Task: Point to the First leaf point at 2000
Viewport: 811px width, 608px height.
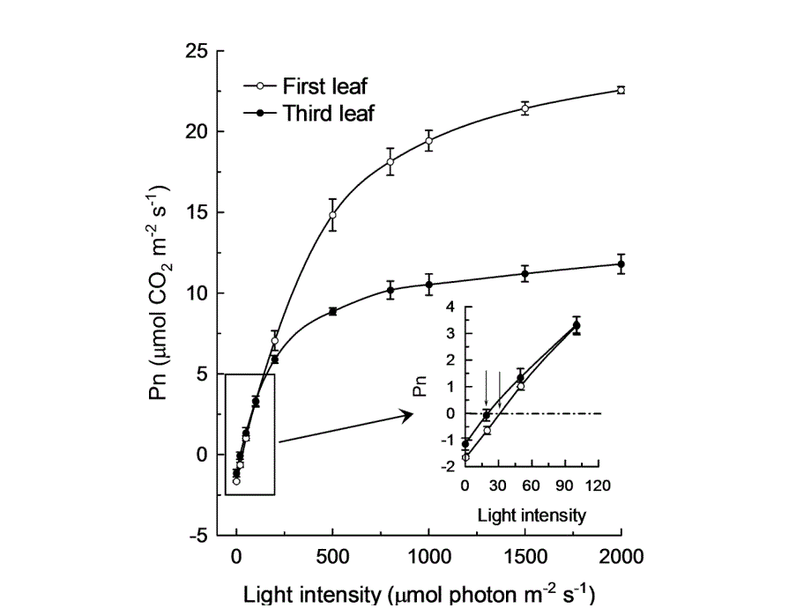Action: click(x=621, y=90)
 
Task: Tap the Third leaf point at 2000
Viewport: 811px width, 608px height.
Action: click(x=621, y=264)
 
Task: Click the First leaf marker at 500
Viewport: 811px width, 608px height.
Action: click(x=332, y=215)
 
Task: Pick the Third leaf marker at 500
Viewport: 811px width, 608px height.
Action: click(x=332, y=311)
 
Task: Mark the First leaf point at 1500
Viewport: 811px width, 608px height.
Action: click(x=525, y=108)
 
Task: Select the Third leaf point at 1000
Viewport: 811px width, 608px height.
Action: click(x=429, y=285)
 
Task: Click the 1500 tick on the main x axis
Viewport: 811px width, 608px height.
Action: click(x=525, y=556)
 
